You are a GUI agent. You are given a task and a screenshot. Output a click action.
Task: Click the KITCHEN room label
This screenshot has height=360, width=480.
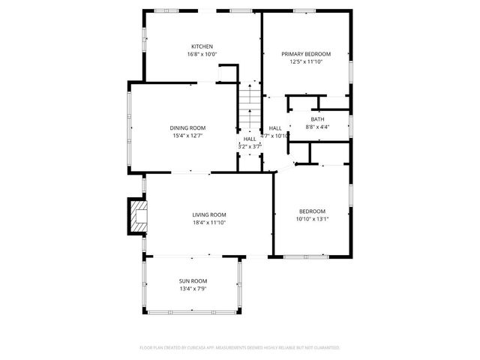coord(202,46)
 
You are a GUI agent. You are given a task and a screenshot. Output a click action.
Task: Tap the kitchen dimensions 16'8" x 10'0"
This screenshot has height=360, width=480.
coord(202,54)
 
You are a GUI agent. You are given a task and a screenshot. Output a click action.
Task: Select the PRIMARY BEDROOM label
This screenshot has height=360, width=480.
coord(305,54)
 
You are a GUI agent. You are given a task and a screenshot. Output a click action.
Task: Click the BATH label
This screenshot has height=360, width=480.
coord(318,119)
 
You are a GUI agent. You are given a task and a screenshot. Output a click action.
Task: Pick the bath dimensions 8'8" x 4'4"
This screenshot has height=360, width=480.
coord(318,127)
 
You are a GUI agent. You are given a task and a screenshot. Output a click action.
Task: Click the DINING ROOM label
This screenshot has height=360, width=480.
coord(187,127)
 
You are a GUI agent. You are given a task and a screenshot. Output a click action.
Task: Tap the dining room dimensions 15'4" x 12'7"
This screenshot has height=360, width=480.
coord(187,136)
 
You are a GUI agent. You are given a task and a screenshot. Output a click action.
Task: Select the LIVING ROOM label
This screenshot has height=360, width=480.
coord(209,214)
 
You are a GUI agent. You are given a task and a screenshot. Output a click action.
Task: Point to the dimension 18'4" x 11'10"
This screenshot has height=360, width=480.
coord(209,223)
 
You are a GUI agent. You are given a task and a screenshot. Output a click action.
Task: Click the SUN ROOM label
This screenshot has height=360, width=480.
coord(193,280)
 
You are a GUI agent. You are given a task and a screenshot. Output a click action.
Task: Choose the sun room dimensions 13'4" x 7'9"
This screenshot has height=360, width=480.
coord(193,289)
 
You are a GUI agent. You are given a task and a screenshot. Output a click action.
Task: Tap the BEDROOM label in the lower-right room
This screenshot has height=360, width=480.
coord(313,211)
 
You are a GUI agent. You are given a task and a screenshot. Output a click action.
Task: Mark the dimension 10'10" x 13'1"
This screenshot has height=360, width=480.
coord(313,219)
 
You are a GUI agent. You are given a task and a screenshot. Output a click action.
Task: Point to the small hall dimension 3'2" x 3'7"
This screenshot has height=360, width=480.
coord(250,146)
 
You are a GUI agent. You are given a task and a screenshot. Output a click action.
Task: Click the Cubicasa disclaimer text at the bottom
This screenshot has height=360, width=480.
coord(240,348)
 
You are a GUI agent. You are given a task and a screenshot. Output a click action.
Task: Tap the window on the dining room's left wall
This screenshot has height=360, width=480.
coord(129,128)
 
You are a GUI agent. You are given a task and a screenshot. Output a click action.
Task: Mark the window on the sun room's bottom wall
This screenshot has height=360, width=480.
coord(192,312)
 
